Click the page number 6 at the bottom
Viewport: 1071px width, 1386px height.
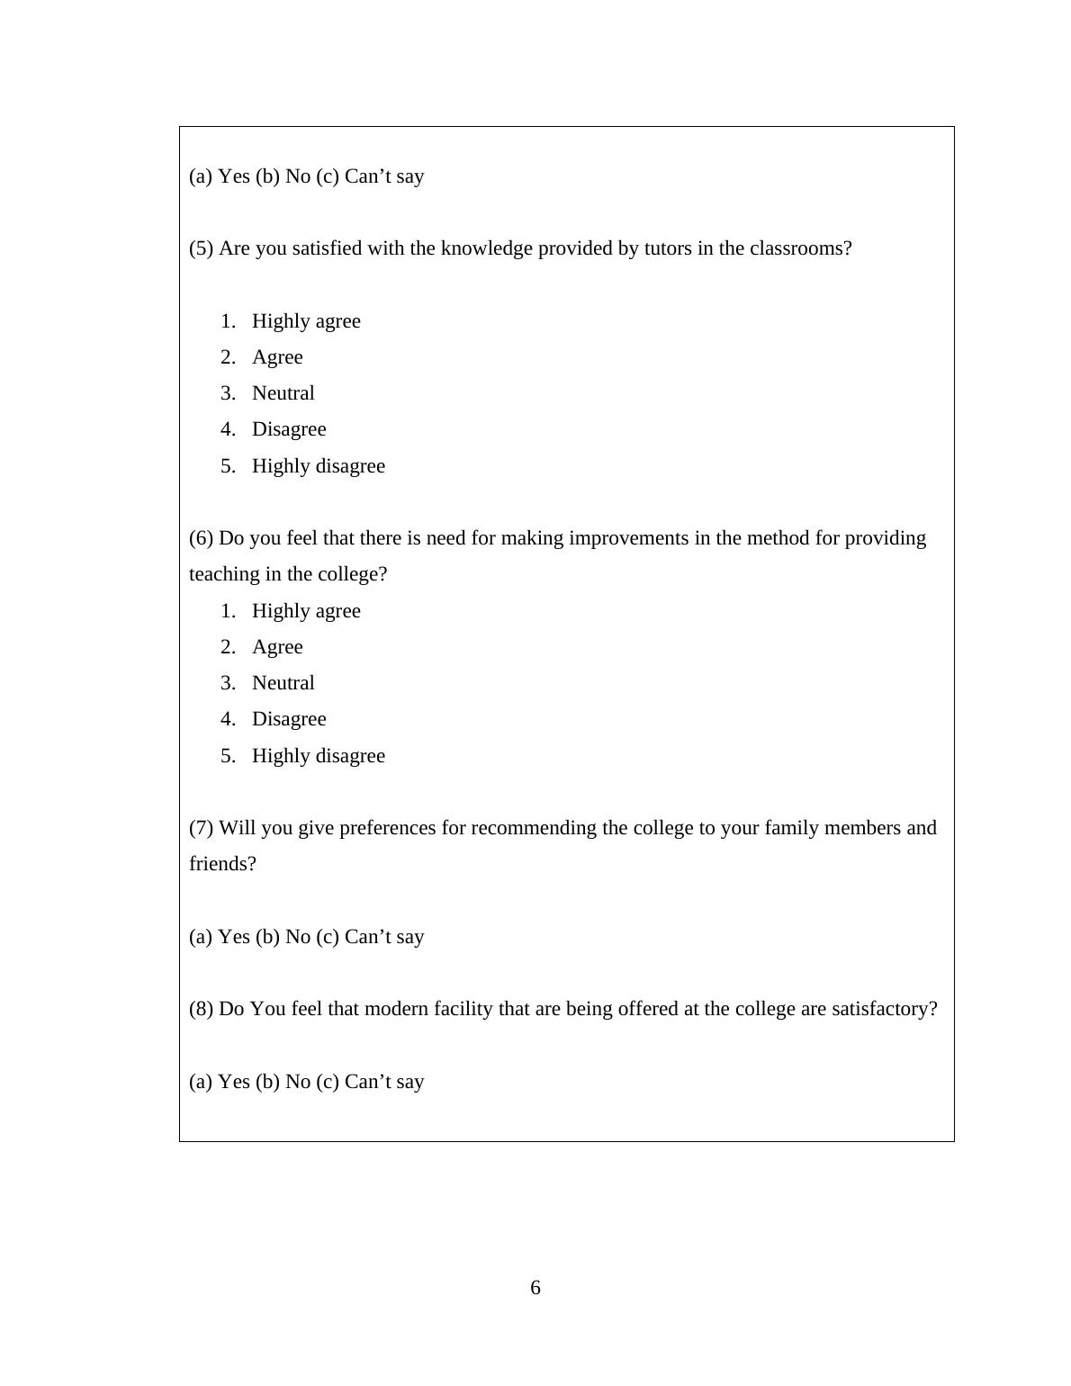[x=535, y=1288]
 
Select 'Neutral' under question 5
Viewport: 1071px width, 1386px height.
[x=283, y=393]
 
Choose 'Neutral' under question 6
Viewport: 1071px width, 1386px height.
[x=283, y=683]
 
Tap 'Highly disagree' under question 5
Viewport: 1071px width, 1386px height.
[x=318, y=466]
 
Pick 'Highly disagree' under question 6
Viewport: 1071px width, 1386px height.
[x=318, y=756]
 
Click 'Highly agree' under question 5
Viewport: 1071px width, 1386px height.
[x=306, y=321]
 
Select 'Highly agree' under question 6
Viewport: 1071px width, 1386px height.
[x=306, y=611]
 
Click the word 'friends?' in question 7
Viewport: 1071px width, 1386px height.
[x=222, y=864]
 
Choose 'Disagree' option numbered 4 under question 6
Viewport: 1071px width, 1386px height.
[x=289, y=719]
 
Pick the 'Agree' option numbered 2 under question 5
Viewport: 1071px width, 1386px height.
[x=277, y=357]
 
